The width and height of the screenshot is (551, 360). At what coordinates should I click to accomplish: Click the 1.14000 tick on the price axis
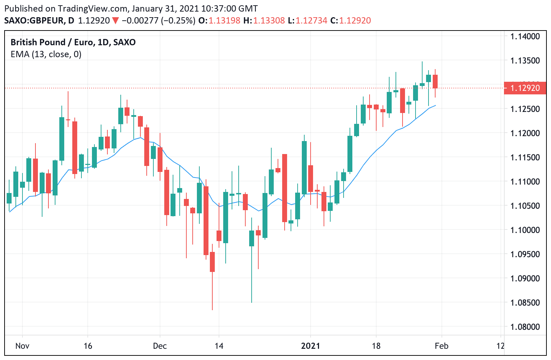coord(525,36)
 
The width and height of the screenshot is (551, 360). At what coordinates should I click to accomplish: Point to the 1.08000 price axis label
coord(525,327)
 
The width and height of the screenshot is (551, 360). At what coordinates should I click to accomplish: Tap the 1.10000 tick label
coord(525,230)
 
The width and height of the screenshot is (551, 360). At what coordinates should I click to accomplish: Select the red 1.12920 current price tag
coord(525,88)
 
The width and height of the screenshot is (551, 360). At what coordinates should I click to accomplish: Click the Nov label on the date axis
coord(22,346)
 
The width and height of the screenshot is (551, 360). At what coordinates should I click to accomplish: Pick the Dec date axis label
coord(160,346)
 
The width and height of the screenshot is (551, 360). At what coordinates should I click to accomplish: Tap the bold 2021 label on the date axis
coord(311,346)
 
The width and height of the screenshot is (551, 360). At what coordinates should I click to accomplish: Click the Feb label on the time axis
coord(442,346)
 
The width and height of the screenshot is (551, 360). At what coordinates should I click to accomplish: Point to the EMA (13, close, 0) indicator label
coord(46,54)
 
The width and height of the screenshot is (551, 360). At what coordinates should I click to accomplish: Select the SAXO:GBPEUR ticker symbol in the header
coord(34,21)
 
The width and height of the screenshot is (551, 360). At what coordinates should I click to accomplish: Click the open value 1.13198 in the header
coord(225,21)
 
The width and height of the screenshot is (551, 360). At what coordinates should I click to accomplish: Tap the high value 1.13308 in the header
coord(269,21)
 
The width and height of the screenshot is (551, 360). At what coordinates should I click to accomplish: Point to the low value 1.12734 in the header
coord(312,21)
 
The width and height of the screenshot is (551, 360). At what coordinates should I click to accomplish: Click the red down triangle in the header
coord(115,21)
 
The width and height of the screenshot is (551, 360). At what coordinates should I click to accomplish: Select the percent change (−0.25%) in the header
coord(178,21)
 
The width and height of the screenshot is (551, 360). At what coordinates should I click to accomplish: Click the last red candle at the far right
coord(435,81)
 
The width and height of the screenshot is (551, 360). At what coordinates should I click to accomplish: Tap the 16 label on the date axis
coord(88,346)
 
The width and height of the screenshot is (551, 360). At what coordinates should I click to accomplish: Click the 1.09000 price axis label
coord(525,279)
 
